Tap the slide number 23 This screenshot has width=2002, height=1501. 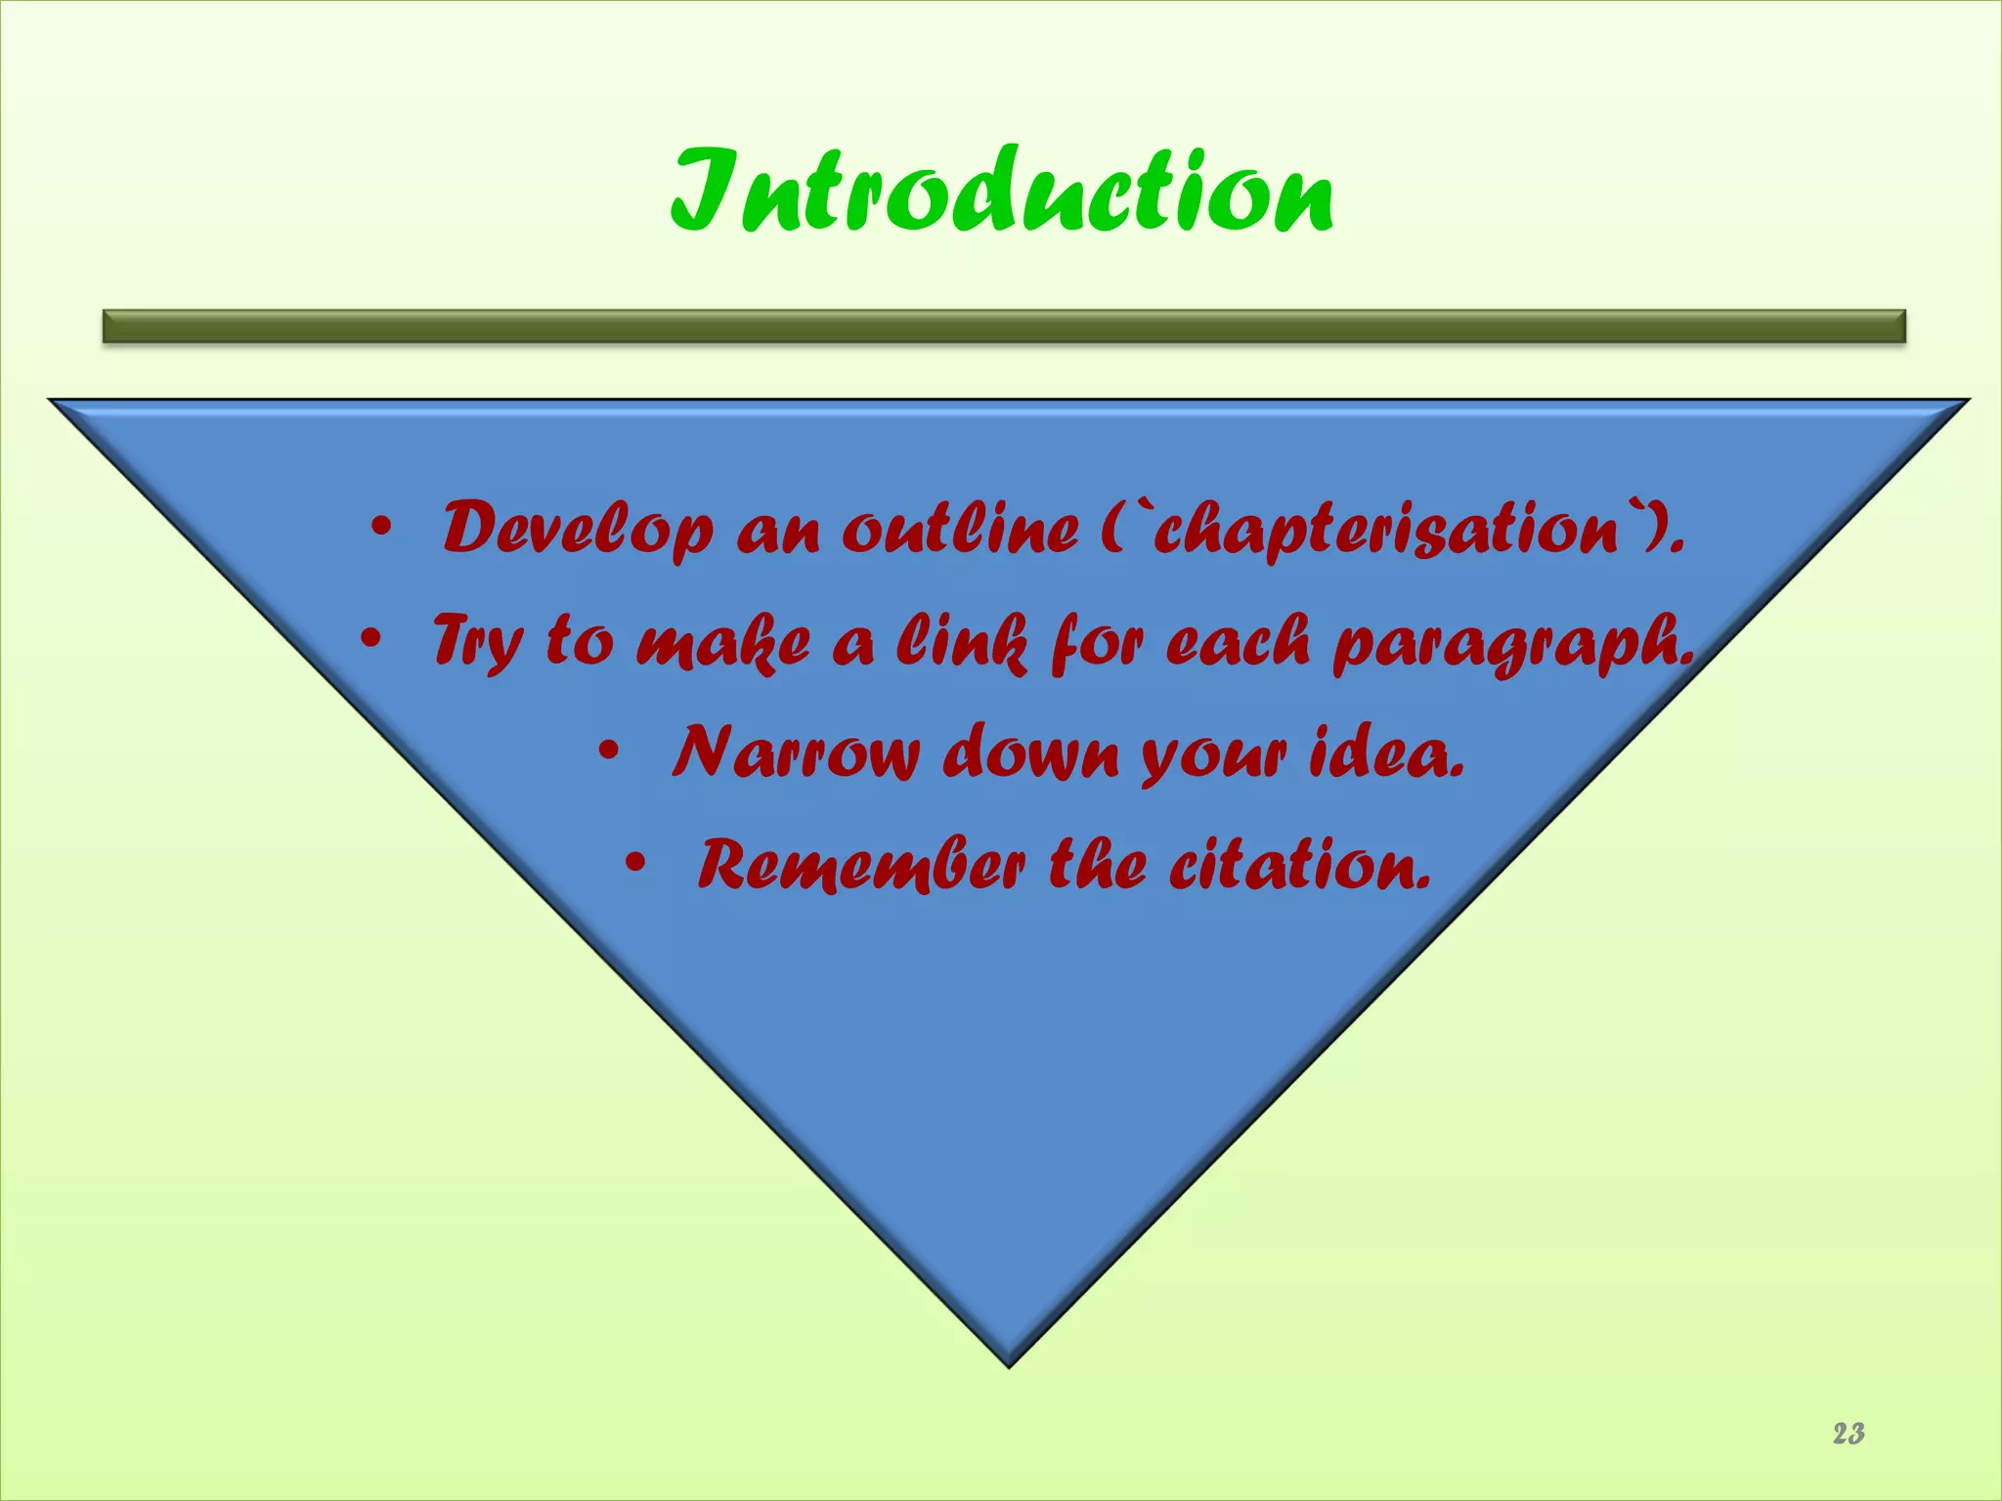(x=1848, y=1434)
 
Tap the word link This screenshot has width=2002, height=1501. (x=962, y=642)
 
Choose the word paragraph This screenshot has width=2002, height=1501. (x=1513, y=645)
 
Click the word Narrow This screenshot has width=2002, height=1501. (x=796, y=753)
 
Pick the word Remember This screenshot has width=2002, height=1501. (x=861, y=866)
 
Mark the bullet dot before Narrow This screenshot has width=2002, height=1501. (x=609, y=753)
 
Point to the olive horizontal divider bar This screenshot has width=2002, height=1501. (x=1004, y=325)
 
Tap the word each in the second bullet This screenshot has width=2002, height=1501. (x=1238, y=642)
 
